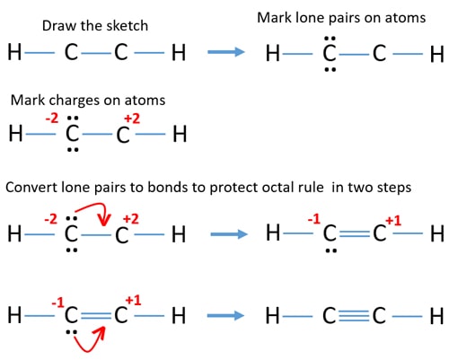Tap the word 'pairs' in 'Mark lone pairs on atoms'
(x=345, y=18)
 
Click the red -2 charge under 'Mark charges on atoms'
(x=52, y=119)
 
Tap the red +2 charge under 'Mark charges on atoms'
(x=132, y=119)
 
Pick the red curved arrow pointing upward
(x=90, y=344)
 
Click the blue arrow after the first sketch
(x=226, y=52)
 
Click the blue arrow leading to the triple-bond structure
(x=225, y=315)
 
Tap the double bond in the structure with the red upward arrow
(x=96, y=315)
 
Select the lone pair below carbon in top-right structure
(x=330, y=70)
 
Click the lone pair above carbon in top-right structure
(x=330, y=39)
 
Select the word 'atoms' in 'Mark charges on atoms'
(x=145, y=101)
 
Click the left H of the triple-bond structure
(x=272, y=316)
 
